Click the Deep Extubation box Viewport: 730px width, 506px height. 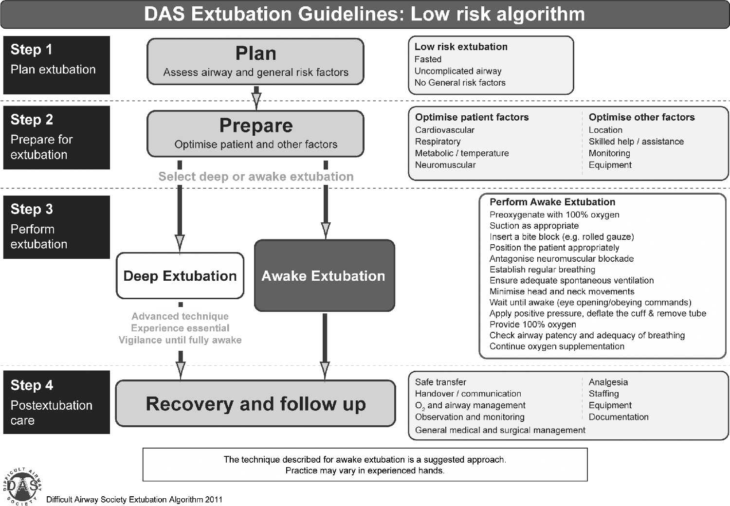(x=180, y=276)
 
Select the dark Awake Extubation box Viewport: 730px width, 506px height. (x=325, y=276)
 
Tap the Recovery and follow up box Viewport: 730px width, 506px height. (x=256, y=403)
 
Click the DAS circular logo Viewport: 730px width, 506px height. (x=22, y=486)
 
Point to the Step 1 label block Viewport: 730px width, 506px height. (x=56, y=65)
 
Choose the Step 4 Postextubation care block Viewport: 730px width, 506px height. (x=56, y=402)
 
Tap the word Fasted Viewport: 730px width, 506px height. (x=428, y=59)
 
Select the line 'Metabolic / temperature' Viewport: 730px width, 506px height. (x=462, y=153)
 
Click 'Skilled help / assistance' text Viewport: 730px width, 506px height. (x=636, y=142)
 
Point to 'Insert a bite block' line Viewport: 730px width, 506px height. (x=562, y=236)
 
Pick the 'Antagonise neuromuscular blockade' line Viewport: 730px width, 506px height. (x=562, y=259)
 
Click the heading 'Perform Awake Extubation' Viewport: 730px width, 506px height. (x=552, y=202)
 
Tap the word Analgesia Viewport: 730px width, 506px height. (x=608, y=382)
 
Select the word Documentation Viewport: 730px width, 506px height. (x=619, y=417)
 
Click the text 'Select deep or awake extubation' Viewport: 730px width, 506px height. (x=256, y=177)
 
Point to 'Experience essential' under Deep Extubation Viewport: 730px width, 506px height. (x=180, y=328)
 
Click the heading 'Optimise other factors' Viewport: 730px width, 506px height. (x=642, y=117)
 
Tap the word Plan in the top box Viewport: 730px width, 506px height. (x=256, y=54)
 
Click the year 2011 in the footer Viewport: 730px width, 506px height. (x=214, y=500)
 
